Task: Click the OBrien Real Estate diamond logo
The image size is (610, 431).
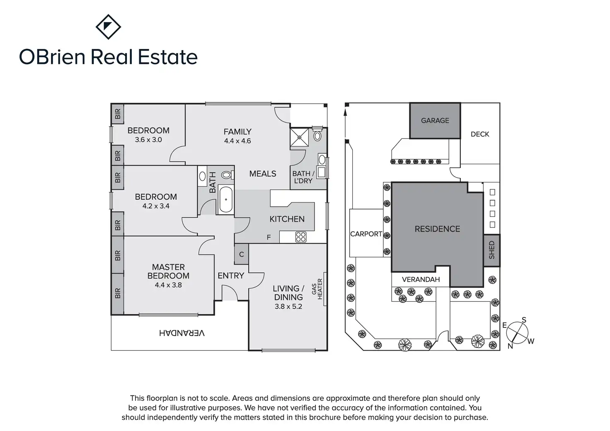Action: pyautogui.click(x=108, y=27)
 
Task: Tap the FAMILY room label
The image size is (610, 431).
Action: pyautogui.click(x=237, y=132)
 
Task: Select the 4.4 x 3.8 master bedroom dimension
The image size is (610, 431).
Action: pyautogui.click(x=168, y=285)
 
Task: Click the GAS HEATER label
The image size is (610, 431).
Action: pyautogui.click(x=317, y=289)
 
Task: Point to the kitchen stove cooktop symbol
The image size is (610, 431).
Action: pyautogui.click(x=301, y=237)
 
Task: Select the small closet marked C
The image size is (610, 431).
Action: pyautogui.click(x=242, y=255)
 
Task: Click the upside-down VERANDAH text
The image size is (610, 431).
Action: pyautogui.click(x=182, y=333)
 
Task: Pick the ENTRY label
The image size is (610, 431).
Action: pyautogui.click(x=231, y=276)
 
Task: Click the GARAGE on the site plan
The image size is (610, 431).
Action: pyautogui.click(x=435, y=121)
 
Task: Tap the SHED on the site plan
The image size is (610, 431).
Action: pyautogui.click(x=492, y=250)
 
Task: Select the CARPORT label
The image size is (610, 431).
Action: pyautogui.click(x=366, y=234)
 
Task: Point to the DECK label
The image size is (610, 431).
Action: pyautogui.click(x=480, y=134)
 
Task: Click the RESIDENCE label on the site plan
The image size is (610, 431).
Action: pyautogui.click(x=437, y=229)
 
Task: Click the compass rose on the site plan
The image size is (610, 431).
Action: pyautogui.click(x=518, y=332)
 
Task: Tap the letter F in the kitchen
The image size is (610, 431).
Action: pyautogui.click(x=269, y=237)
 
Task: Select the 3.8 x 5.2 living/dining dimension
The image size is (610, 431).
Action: pyautogui.click(x=288, y=307)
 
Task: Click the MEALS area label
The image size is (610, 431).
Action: pyautogui.click(x=263, y=174)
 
